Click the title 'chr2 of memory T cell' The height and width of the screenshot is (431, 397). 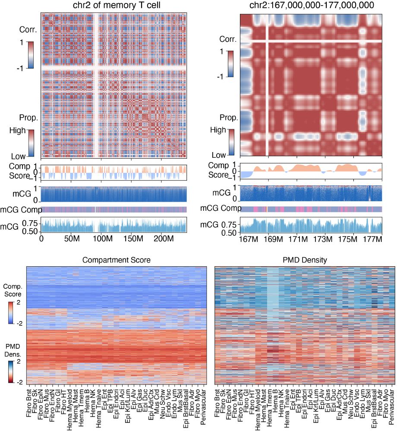coord(113,5)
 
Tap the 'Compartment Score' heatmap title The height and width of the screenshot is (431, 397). coord(117,260)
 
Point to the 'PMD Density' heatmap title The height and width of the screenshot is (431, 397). coord(305,260)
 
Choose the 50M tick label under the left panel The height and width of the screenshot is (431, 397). coord(70,239)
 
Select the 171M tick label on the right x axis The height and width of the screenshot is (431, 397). coord(297,239)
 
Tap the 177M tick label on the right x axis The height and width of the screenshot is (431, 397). coord(374,239)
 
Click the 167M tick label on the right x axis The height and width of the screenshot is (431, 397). coord(247,239)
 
